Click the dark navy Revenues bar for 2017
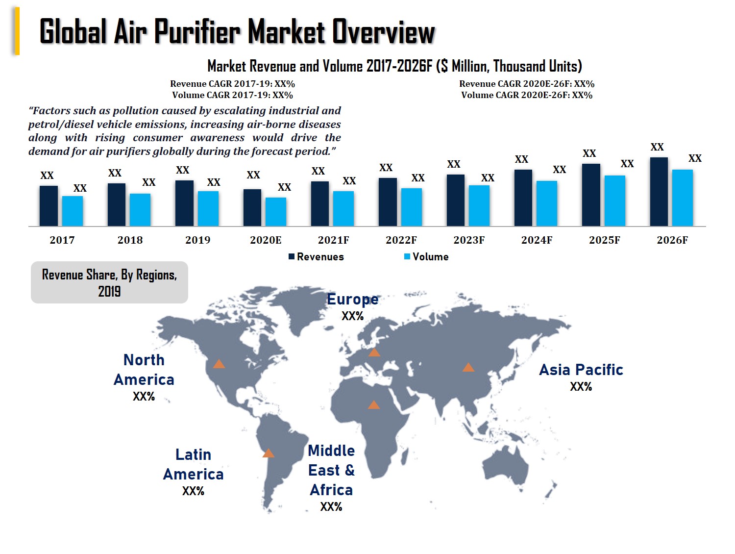[x=49, y=206]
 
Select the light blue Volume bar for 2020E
[x=275, y=212]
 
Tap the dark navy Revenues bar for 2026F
[x=659, y=192]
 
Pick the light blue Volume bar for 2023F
[x=479, y=205]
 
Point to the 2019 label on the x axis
[x=197, y=240]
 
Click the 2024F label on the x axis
[x=537, y=240]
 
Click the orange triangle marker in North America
[x=219, y=364]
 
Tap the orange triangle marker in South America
[x=268, y=453]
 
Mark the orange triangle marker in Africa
[x=373, y=405]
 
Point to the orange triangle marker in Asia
[x=468, y=368]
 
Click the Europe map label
[x=352, y=299]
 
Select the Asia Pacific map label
[x=581, y=370]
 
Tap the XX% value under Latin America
[x=193, y=491]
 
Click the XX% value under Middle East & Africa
[x=331, y=507]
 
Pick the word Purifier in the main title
[x=197, y=32]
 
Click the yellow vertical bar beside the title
[x=17, y=31]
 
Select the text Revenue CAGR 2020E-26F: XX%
[x=527, y=84]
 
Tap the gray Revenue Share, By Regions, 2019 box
[x=109, y=282]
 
